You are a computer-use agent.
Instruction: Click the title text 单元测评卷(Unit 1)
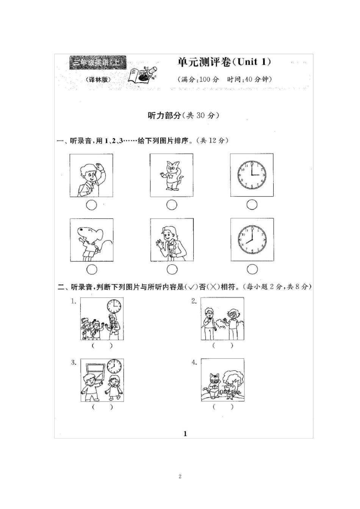click(x=224, y=62)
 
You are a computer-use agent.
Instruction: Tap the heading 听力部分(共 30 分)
click(x=183, y=116)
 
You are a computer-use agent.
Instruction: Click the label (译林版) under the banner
click(x=97, y=80)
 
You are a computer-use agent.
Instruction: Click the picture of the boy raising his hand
click(x=91, y=175)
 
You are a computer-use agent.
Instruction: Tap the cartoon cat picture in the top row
click(x=172, y=175)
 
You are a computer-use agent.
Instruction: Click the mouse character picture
click(x=91, y=240)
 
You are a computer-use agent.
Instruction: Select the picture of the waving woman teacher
click(x=172, y=240)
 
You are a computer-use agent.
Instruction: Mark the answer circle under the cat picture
click(x=172, y=205)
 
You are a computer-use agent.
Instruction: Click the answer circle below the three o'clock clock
click(x=252, y=205)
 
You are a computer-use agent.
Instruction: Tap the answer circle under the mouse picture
click(x=92, y=270)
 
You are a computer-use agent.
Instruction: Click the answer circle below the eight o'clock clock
click(x=252, y=269)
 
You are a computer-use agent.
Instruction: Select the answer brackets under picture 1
click(x=102, y=345)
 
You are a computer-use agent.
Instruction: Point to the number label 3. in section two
click(x=74, y=362)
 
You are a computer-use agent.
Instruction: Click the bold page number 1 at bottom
click(x=185, y=434)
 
